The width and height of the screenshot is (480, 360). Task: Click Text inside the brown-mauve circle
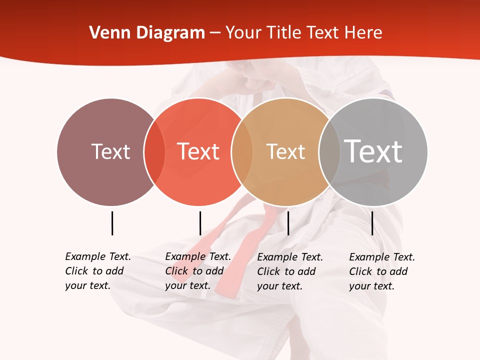click(110, 151)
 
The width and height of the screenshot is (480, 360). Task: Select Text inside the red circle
click(198, 151)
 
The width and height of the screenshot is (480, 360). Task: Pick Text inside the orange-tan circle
click(285, 151)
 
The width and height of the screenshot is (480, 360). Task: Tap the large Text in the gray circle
click(373, 151)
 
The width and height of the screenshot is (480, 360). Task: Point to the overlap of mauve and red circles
click(154, 152)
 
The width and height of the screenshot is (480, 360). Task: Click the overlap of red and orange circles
click(242, 152)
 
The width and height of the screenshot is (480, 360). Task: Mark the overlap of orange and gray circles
click(329, 152)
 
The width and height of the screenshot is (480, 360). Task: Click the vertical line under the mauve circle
click(112, 223)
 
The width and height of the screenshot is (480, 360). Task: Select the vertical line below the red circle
click(200, 223)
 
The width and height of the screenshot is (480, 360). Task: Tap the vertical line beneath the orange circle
click(288, 223)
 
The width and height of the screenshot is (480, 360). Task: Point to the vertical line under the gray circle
click(372, 223)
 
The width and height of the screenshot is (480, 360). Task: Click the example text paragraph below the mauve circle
click(98, 271)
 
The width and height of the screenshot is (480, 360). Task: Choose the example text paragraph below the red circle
click(198, 271)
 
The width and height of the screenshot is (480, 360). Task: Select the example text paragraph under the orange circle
click(290, 271)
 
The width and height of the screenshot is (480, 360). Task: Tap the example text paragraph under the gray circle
click(382, 271)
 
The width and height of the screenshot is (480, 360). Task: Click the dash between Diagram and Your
click(215, 33)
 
